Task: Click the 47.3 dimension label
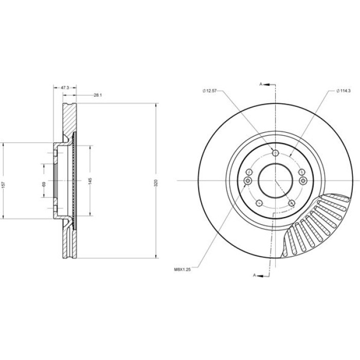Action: (x=65, y=87)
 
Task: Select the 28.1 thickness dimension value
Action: (x=98, y=95)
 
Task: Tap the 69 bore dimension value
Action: (x=44, y=184)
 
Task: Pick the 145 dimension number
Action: (x=90, y=181)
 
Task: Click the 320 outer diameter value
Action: (x=156, y=183)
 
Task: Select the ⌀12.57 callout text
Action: (x=209, y=91)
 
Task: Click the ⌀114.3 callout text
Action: (x=343, y=91)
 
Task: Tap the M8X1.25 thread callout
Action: (x=183, y=270)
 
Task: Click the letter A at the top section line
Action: (x=261, y=84)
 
